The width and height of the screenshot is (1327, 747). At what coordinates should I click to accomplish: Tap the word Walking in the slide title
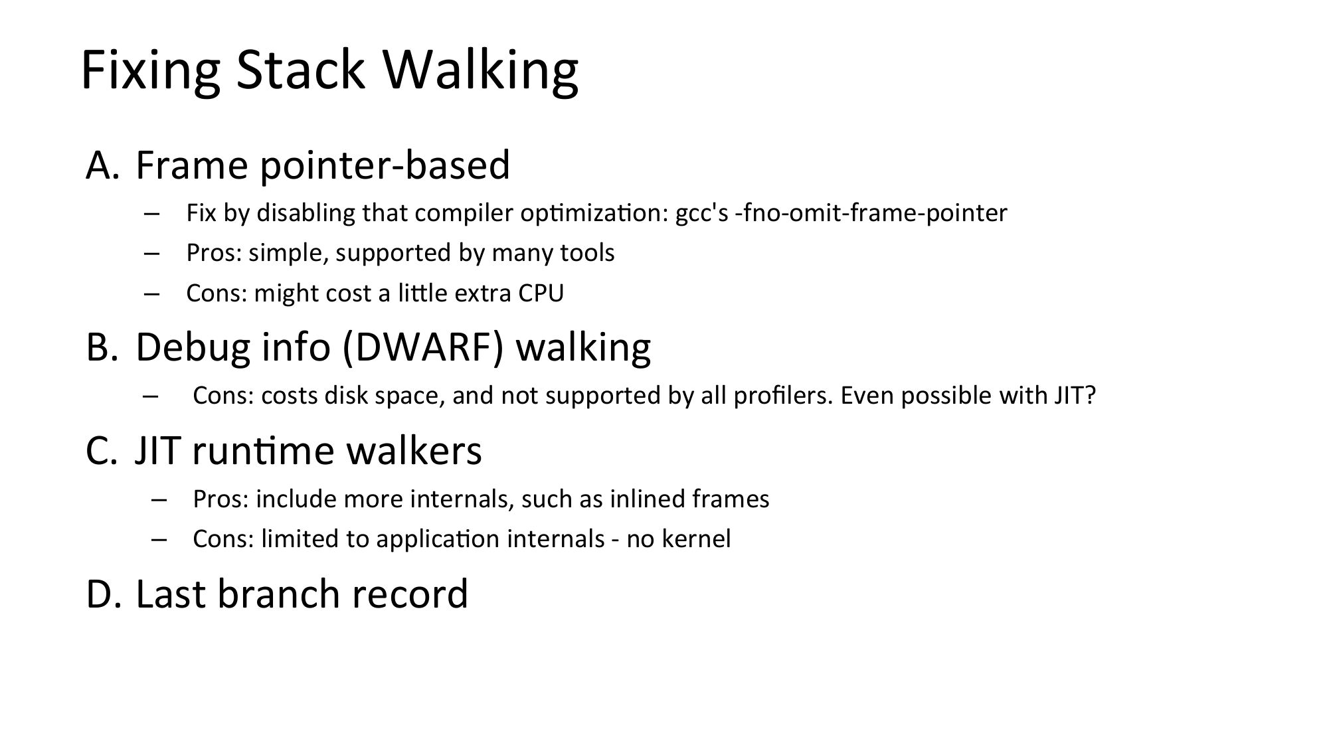click(x=481, y=70)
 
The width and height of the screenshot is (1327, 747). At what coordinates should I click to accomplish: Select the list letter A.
click(x=102, y=165)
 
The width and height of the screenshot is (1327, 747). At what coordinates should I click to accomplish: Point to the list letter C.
click(x=102, y=451)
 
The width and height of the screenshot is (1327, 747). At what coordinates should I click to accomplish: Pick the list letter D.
click(x=104, y=594)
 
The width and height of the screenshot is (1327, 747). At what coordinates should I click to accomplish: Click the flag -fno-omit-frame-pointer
click(x=871, y=213)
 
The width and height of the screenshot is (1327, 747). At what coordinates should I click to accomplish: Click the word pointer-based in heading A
click(x=385, y=166)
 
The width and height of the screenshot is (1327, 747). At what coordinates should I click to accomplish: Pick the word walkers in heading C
click(x=414, y=450)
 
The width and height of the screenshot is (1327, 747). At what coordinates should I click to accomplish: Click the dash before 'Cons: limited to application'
click(x=159, y=539)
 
